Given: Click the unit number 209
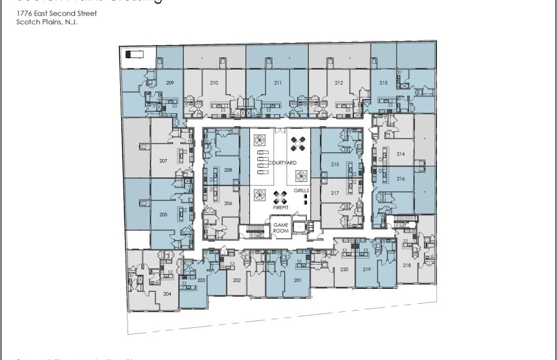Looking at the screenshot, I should point(170,82).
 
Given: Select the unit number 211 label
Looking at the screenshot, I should point(278,82).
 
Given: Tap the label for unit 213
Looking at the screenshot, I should point(384,82).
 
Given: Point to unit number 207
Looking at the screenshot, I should point(163,161).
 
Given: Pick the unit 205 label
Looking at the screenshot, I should point(163,214).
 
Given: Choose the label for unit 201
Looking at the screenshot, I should point(297,280).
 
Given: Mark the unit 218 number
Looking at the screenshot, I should point(407,265).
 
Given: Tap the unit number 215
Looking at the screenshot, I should point(335,165).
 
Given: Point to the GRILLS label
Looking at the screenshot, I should point(302,191).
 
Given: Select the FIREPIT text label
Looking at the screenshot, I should point(281,208).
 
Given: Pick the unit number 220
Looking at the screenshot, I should point(345,269).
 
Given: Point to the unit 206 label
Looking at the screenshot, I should point(228,203).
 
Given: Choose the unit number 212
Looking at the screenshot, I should point(339,82).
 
